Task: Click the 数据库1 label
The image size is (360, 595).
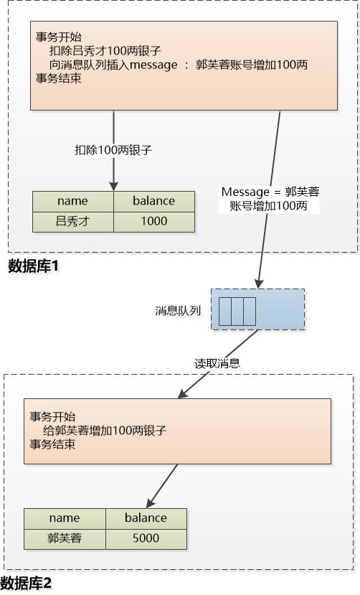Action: pyautogui.click(x=33, y=266)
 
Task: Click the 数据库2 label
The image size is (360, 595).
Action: pyautogui.click(x=27, y=582)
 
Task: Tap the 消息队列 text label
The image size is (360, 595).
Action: pyautogui.click(x=177, y=310)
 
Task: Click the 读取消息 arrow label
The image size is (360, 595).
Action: pyautogui.click(x=217, y=363)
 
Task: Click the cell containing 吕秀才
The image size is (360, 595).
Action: pyautogui.click(x=72, y=221)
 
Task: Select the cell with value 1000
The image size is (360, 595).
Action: pyautogui.click(x=153, y=221)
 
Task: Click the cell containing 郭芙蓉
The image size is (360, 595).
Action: pyautogui.click(x=65, y=538)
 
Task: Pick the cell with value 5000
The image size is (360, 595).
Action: pyautogui.click(x=146, y=538)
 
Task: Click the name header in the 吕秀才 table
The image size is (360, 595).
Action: pyautogui.click(x=72, y=201)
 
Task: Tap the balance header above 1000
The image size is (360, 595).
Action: pyautogui.click(x=153, y=201)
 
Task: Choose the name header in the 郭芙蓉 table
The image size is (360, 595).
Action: pyautogui.click(x=65, y=517)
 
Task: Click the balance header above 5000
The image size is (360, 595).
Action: pyautogui.click(x=146, y=517)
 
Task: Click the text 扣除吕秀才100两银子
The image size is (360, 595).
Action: pyautogui.click(x=105, y=50)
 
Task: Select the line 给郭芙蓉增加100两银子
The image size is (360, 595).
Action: pyautogui.click(x=105, y=431)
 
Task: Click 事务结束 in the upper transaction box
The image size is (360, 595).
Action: pyautogui.click(x=58, y=79)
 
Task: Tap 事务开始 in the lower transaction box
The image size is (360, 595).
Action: pyautogui.click(x=52, y=416)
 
